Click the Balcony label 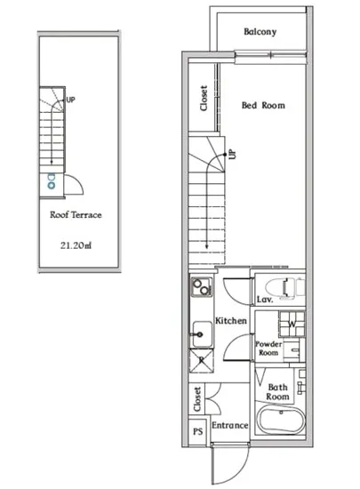260,32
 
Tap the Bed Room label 263,106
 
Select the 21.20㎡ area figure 76,245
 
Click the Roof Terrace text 76,215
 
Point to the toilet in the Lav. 284,287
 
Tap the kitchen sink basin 202,334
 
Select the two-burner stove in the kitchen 202,287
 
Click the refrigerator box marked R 202,360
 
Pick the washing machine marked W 292,324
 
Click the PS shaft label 198,431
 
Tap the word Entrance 230,425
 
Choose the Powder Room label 268,349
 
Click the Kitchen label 231,321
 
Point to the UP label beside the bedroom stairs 233,155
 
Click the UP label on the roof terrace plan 70,100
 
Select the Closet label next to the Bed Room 204,98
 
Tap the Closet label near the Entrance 197,399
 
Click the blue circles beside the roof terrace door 52,181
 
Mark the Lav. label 265,300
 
